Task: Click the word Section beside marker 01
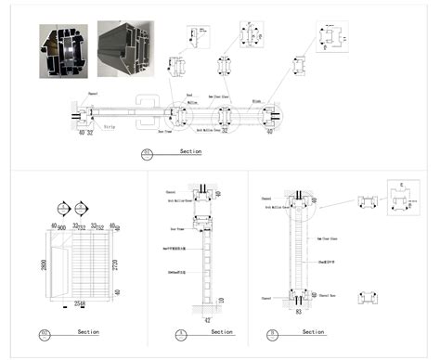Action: pyautogui.click(x=190, y=150)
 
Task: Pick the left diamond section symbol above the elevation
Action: pyautogui.click(x=62, y=207)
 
